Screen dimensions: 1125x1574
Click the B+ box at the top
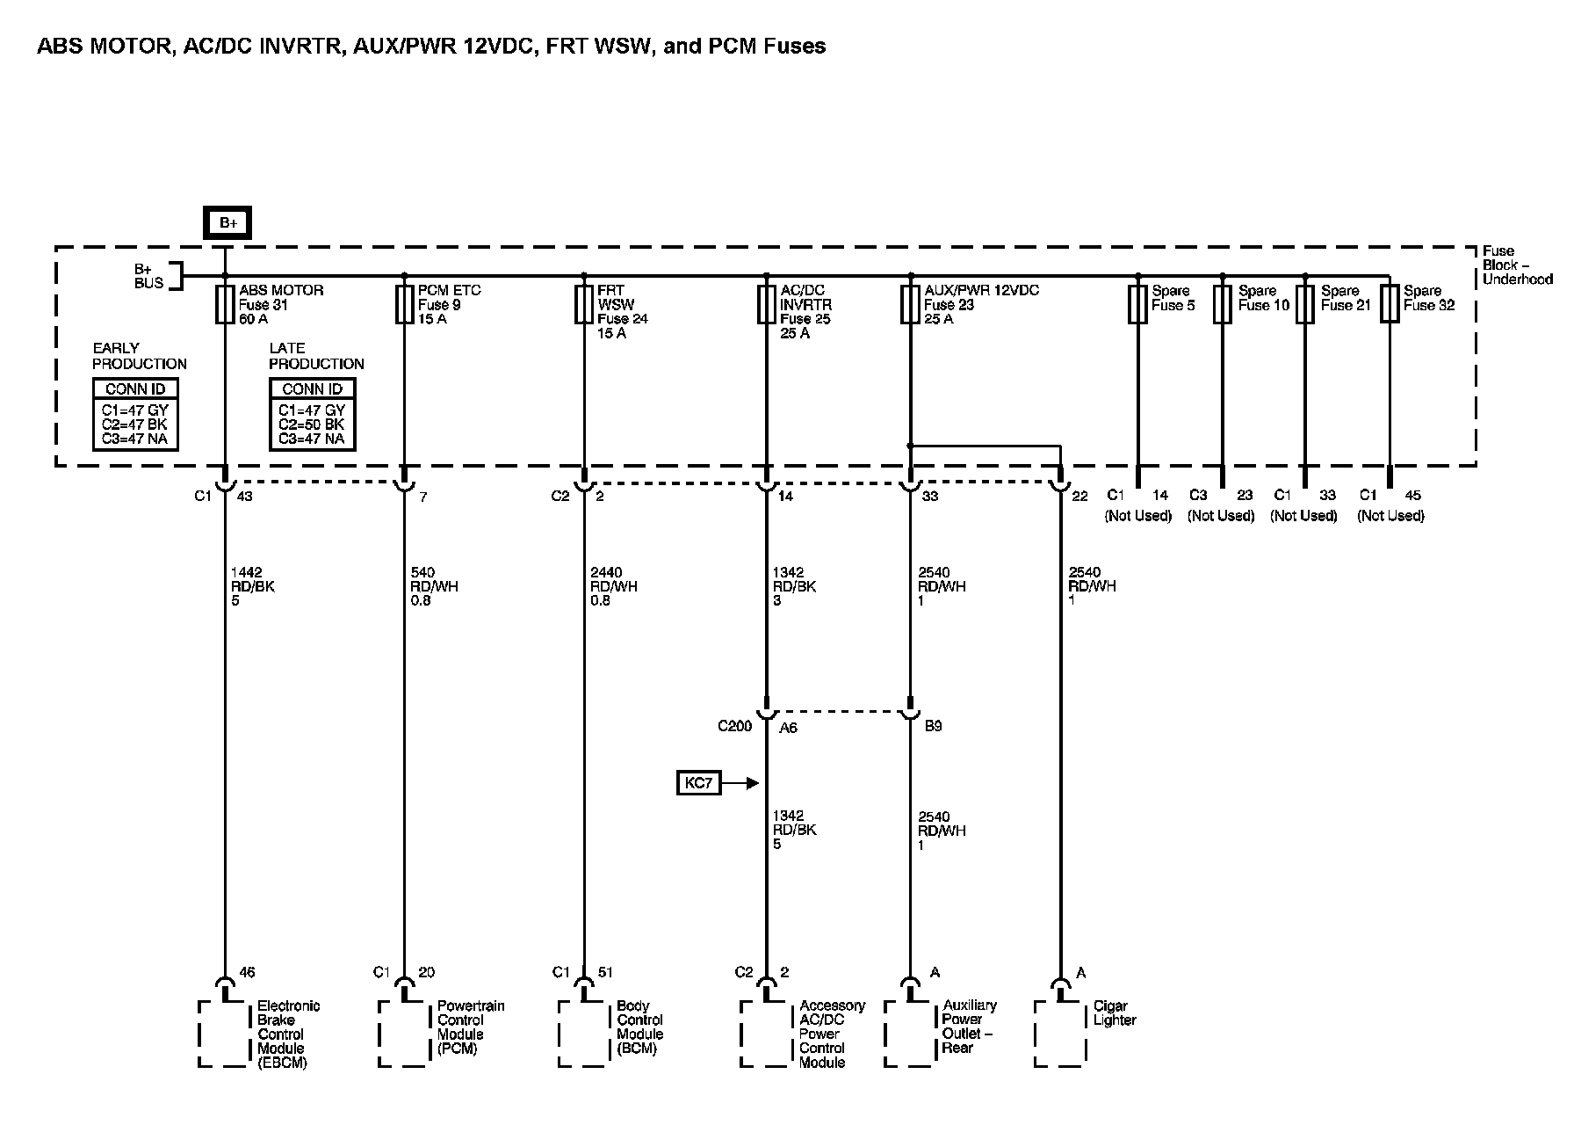pyautogui.click(x=228, y=222)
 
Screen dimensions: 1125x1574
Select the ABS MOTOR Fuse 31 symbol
pyautogui.click(x=225, y=305)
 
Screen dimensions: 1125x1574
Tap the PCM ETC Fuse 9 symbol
pyautogui.click(x=404, y=305)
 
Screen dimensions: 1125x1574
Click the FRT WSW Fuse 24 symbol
pyautogui.click(x=584, y=305)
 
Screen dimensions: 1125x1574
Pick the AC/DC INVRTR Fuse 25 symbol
pyautogui.click(x=767, y=305)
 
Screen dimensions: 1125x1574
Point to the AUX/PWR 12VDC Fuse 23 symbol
pyautogui.click(x=910, y=305)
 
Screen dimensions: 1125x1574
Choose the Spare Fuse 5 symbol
pyautogui.click(x=1137, y=305)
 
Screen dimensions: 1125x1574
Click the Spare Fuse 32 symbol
pyautogui.click(x=1390, y=305)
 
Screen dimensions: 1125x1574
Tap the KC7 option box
pyautogui.click(x=698, y=782)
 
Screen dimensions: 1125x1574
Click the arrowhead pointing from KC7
pyautogui.click(x=752, y=782)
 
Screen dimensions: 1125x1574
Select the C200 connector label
pyautogui.click(x=734, y=726)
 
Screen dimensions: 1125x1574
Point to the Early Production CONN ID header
pyautogui.click(x=135, y=389)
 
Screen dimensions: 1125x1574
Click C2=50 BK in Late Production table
pyautogui.click(x=312, y=425)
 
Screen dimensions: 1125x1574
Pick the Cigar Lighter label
pyautogui.click(x=1115, y=1013)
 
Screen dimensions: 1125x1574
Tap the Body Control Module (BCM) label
pyautogui.click(x=639, y=1027)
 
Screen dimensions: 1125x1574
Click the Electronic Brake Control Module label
pyautogui.click(x=281, y=1034)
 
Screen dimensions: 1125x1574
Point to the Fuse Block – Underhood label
pyautogui.click(x=1516, y=265)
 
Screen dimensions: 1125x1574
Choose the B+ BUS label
pyautogui.click(x=148, y=276)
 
